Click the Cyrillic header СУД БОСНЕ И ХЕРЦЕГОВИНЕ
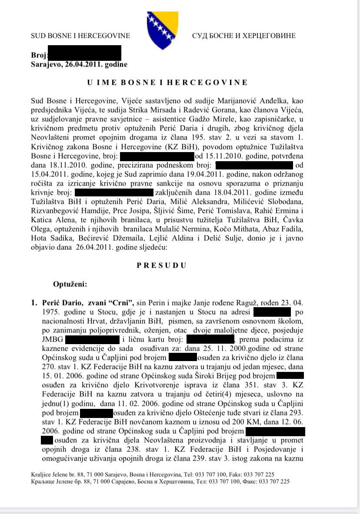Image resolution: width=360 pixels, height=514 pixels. (x=243, y=36)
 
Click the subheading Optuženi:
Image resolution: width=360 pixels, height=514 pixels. (x=70, y=285)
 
